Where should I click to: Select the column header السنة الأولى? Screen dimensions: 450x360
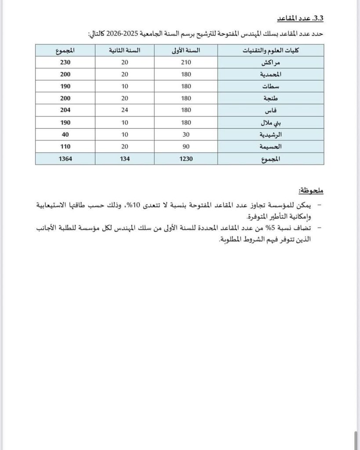coord(185,51)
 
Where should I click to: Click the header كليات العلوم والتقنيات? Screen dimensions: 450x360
coord(271,51)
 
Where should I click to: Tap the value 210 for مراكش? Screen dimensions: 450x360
coord(185,62)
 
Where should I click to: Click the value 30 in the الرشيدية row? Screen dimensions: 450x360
coord(185,134)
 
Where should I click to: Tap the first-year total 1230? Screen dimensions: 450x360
coord(185,158)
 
